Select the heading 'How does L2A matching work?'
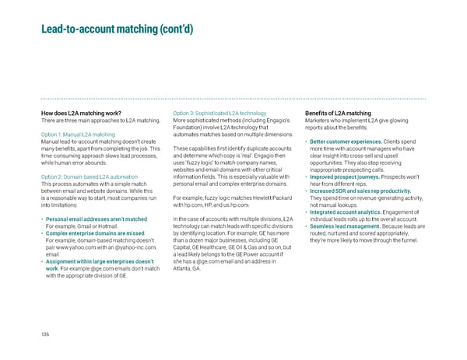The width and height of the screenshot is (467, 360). (x=81, y=114)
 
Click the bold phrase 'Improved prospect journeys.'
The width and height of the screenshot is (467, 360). (x=345, y=176)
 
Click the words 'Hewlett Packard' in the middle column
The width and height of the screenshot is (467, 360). (x=269, y=196)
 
